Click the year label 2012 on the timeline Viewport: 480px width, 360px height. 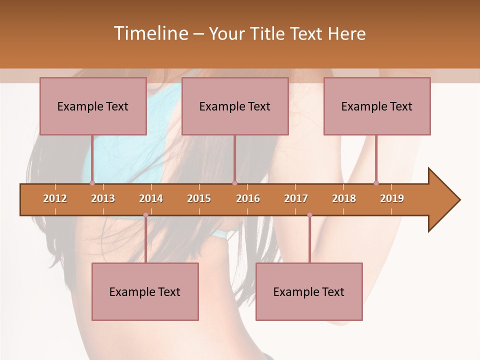click(55, 198)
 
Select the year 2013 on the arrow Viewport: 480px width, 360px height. click(103, 198)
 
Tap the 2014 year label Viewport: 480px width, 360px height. click(151, 198)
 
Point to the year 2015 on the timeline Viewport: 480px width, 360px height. click(199, 198)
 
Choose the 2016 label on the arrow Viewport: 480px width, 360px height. click(248, 198)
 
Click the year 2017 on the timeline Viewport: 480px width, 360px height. click(296, 198)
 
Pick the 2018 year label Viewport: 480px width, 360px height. click(344, 198)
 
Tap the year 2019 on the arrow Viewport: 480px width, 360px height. click(392, 198)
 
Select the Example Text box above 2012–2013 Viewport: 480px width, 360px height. click(93, 106)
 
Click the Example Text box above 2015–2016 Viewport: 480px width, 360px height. click(235, 106)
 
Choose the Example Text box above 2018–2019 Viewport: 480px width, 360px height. click(377, 106)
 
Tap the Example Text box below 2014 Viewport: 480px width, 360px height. click(145, 291)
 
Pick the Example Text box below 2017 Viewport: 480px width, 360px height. click(309, 291)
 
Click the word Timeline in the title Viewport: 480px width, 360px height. click(150, 33)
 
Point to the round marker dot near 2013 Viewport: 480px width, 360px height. click(92, 183)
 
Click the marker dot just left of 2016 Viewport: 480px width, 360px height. click(234, 183)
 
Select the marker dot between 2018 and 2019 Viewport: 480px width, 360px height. click(376, 183)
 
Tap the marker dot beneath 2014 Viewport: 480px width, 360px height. click(145, 215)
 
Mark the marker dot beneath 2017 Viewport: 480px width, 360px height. click(309, 215)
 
